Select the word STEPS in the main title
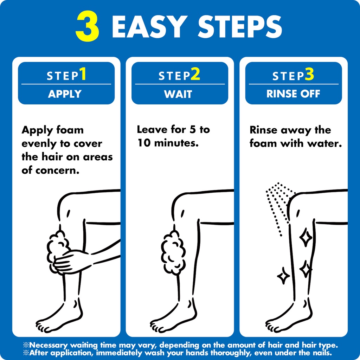pyautogui.click(x=240, y=27)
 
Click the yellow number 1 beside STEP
pyautogui.click(x=83, y=74)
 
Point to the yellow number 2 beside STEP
pyautogui.click(x=195, y=74)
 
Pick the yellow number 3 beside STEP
pyautogui.click(x=309, y=74)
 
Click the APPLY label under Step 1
pyautogui.click(x=65, y=94)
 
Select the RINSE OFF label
pyautogui.click(x=293, y=94)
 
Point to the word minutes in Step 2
pyautogui.click(x=176, y=143)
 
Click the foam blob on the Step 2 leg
pyautogui.click(x=173, y=252)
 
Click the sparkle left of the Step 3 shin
pyautogui.click(x=283, y=276)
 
